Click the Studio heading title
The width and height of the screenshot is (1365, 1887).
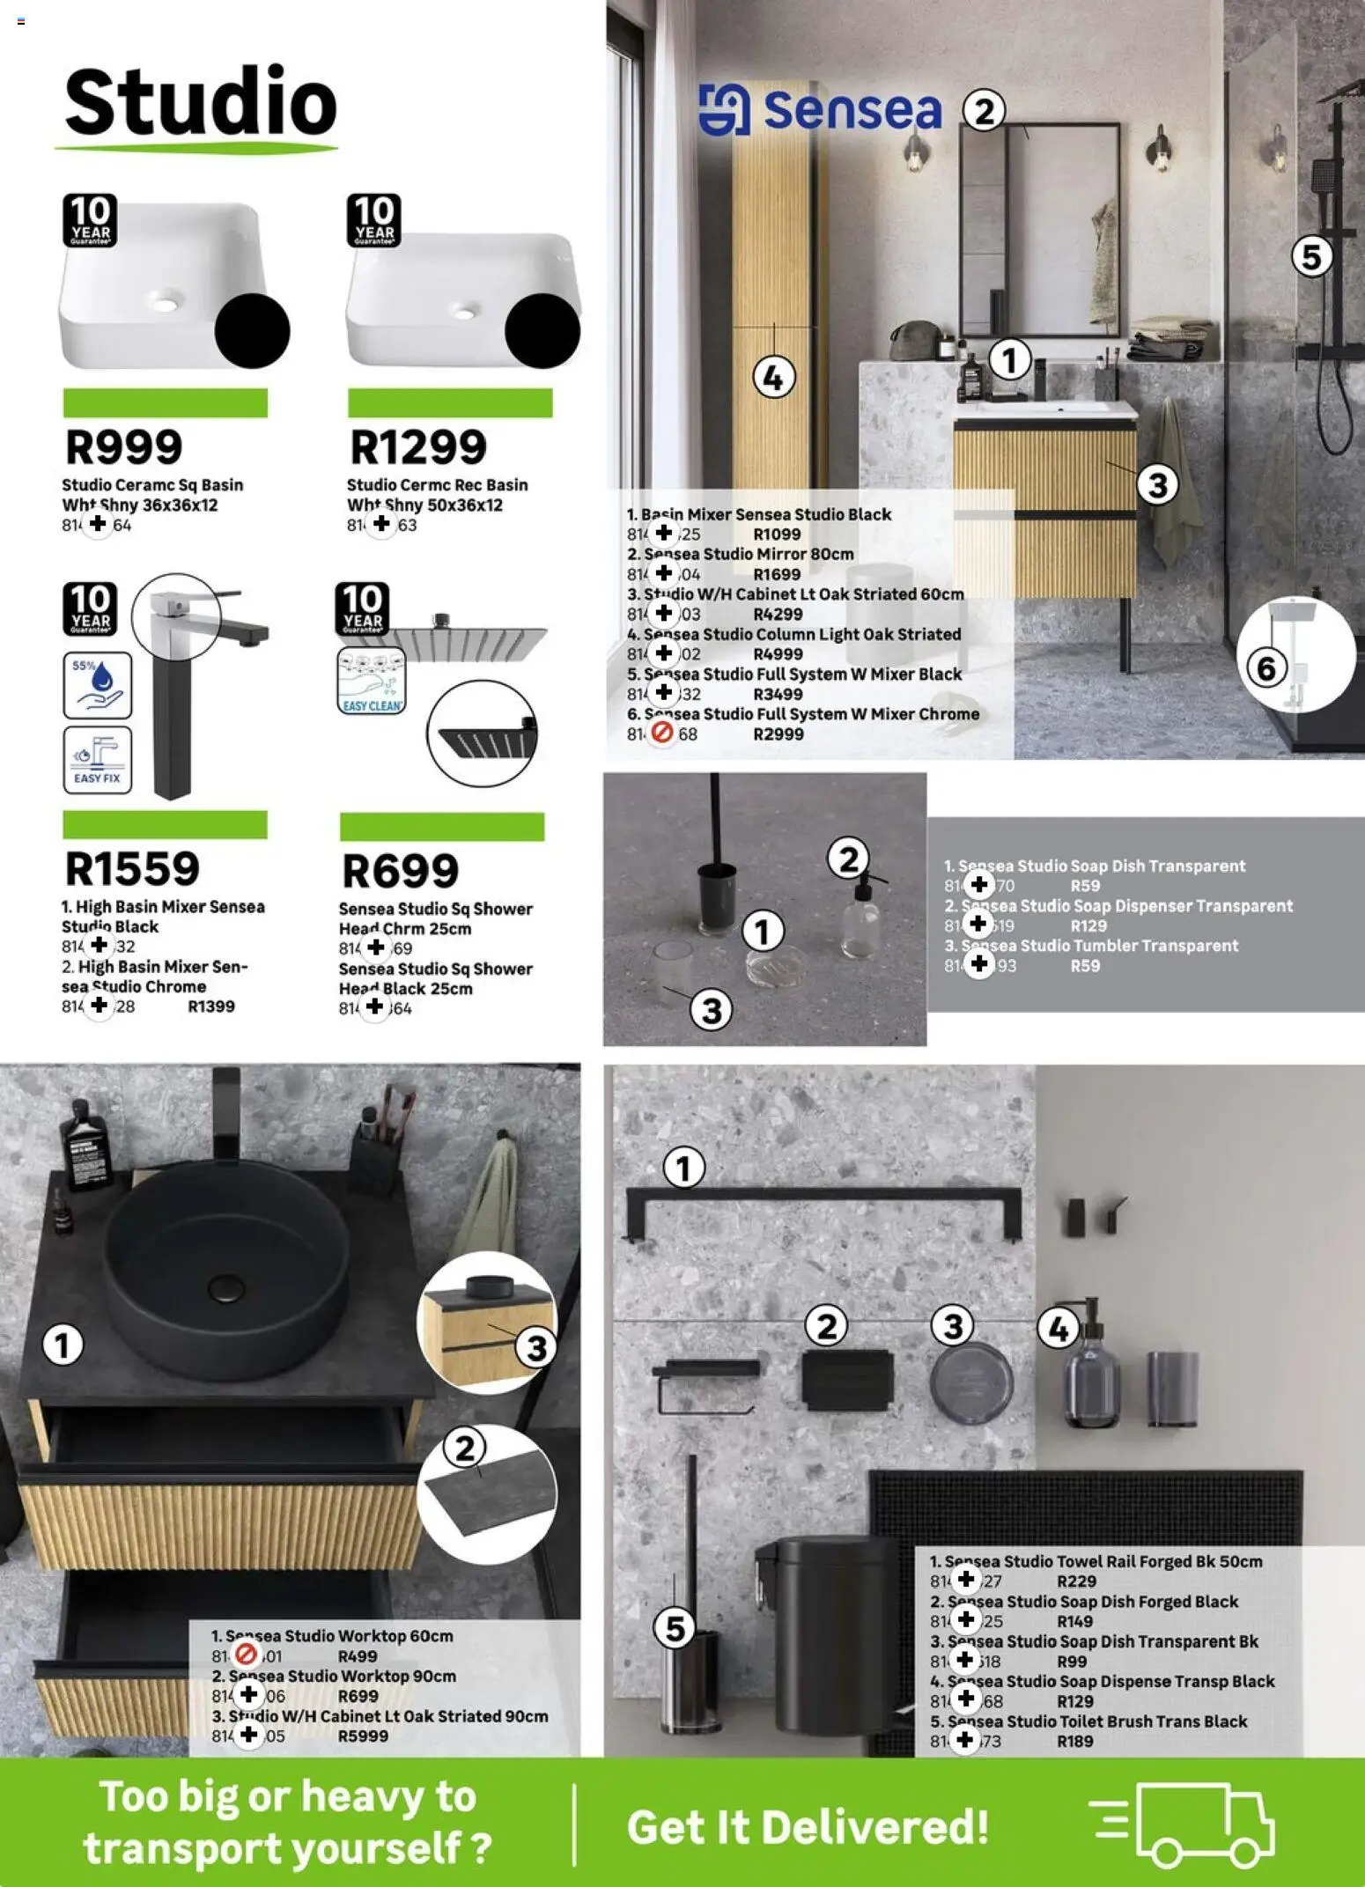pos(201,102)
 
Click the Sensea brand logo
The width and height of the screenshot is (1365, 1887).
pos(820,110)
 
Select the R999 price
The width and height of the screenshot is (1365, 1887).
pos(124,446)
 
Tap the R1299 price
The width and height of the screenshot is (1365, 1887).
pos(418,446)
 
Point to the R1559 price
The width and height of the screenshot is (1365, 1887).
pos(132,868)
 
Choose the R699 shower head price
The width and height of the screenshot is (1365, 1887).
pos(400,871)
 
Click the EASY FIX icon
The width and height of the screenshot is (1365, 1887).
pos(97,759)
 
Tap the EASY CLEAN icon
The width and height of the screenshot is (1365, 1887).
pos(372,681)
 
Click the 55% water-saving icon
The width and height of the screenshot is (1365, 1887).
pos(97,684)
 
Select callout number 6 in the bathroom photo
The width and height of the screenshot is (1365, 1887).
pos(1266,668)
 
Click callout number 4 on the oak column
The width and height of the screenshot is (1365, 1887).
pos(773,379)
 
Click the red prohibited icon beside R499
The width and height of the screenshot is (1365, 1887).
pos(247,1655)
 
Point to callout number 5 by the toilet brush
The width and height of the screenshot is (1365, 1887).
pos(675,1628)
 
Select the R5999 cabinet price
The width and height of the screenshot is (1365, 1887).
pos(363,1736)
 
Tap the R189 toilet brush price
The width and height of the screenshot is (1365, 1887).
pos(1074,1741)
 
